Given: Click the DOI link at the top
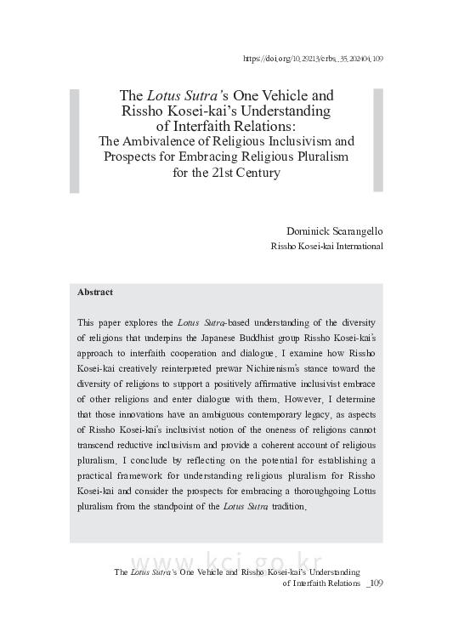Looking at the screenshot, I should coord(313,59).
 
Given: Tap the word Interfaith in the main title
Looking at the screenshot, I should coord(206,126).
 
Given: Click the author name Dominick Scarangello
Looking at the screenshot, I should coord(336,230).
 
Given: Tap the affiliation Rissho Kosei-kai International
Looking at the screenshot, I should coord(326,247).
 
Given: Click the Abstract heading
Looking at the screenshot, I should coord(95,293).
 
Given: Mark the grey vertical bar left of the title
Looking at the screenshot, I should coord(75,140).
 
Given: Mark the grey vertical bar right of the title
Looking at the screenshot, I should coord(378,140).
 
